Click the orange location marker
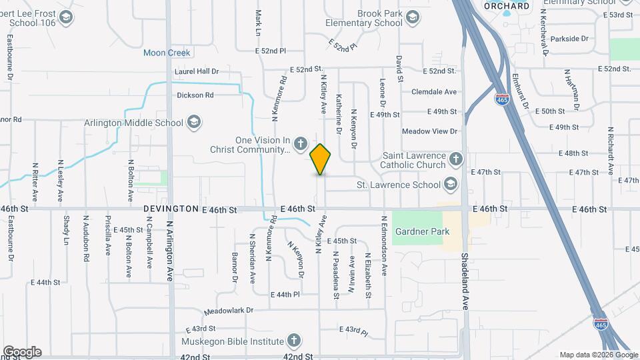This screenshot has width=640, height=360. point(320,159)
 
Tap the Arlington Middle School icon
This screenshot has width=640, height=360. point(193,122)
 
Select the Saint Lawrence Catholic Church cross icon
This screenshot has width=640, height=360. point(455,159)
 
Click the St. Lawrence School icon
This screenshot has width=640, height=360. point(451,184)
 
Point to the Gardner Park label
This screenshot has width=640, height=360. point(422,231)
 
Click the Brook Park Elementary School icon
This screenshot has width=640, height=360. point(413,17)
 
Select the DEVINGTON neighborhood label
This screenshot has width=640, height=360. point(171,209)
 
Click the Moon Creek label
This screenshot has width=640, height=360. point(167,53)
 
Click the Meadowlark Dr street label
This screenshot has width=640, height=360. point(229,311)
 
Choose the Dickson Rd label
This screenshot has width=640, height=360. point(195,95)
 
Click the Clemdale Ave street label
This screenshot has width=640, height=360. point(434,92)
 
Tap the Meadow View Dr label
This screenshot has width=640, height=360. point(429,131)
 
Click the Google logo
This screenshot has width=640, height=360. point(22,352)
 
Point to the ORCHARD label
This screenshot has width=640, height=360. point(506,6)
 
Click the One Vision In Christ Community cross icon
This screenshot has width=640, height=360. point(301,144)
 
